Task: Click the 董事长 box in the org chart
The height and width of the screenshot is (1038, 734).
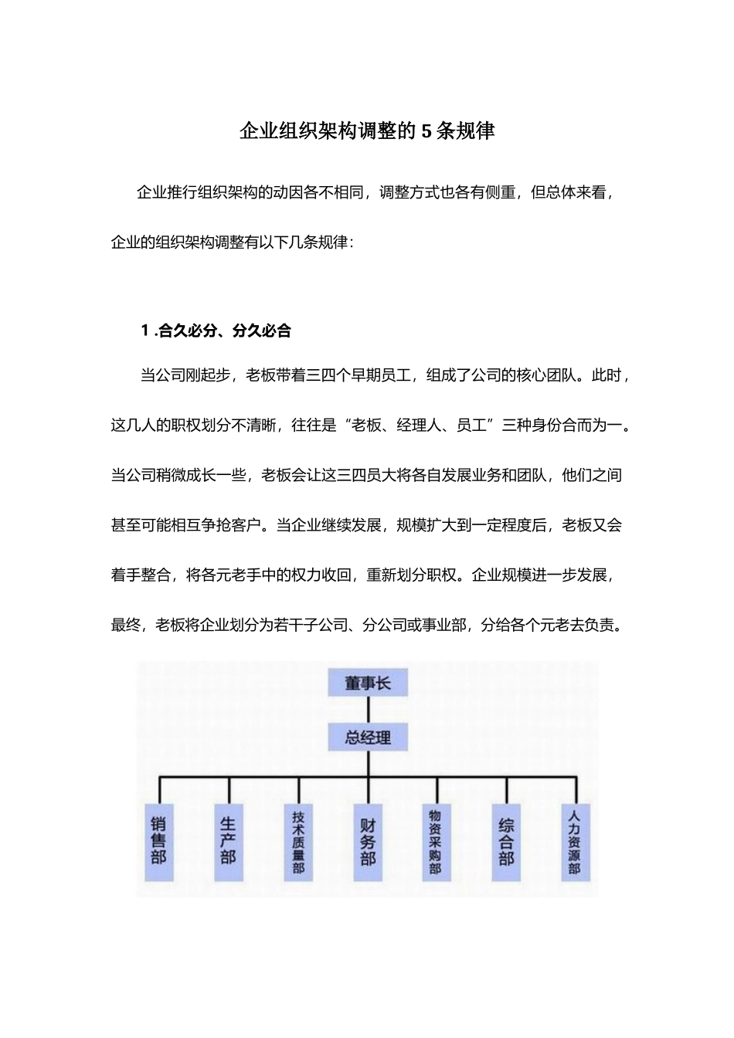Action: click(368, 683)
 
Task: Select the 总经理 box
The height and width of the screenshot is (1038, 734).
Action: click(368, 738)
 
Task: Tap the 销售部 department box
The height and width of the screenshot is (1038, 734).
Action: click(158, 842)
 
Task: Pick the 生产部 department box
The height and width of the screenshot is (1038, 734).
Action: click(228, 842)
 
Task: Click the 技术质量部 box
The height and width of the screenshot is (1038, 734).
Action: click(298, 842)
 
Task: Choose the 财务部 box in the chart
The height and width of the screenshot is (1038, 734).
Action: click(368, 842)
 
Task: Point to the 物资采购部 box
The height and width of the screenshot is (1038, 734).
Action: click(436, 842)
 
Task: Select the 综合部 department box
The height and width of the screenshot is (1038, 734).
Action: click(506, 842)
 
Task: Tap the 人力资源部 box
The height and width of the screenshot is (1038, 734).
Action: click(574, 842)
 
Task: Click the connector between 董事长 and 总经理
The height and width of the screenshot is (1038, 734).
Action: click(368, 710)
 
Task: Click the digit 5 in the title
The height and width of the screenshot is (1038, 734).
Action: click(426, 131)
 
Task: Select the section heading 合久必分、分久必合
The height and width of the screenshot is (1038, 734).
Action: click(225, 331)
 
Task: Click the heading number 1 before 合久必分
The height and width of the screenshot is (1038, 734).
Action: click(145, 331)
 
